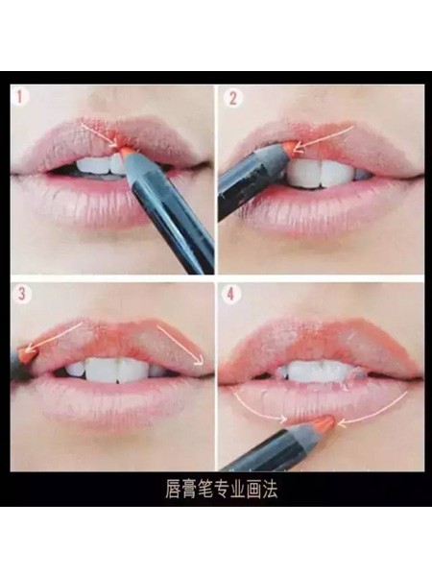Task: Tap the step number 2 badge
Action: [232, 99]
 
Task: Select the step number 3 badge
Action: [22, 294]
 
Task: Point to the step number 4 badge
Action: [230, 295]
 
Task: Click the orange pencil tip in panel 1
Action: [124, 152]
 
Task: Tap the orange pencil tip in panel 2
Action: [291, 147]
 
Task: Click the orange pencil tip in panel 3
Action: [27, 354]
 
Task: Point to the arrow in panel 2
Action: [324, 138]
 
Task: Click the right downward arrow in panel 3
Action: [180, 345]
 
